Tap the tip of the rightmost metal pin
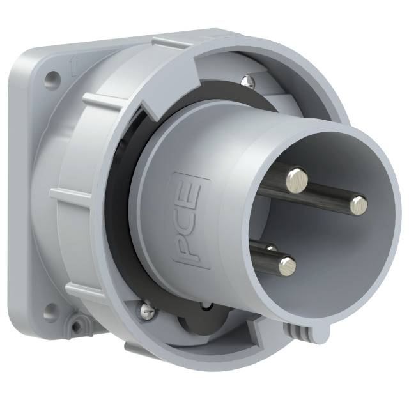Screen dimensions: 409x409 pyautogui.click(x=359, y=204)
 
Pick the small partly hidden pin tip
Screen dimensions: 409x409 pyautogui.click(x=270, y=247)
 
